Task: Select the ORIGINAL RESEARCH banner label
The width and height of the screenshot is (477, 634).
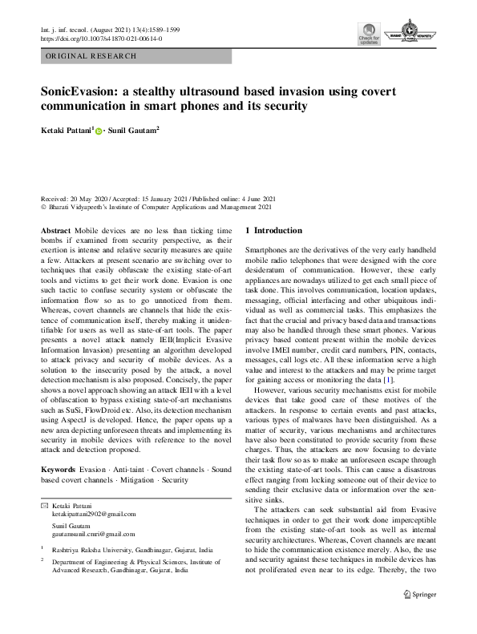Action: pyautogui.click(x=91, y=57)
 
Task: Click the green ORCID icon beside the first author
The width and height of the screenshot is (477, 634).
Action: pyautogui.click(x=99, y=129)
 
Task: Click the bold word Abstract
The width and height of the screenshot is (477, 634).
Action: pyautogui.click(x=55, y=230)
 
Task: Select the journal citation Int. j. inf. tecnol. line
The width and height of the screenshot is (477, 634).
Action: pyautogui.click(x=110, y=29)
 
